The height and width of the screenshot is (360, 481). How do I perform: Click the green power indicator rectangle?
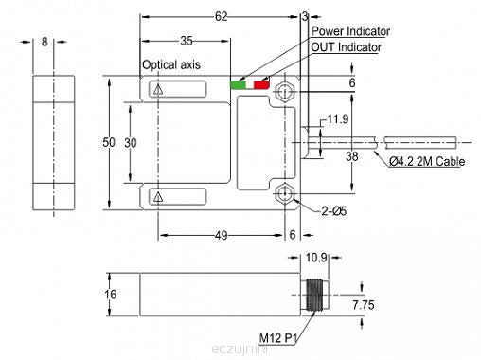tap(238, 84)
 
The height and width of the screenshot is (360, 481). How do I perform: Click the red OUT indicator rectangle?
tap(261, 84)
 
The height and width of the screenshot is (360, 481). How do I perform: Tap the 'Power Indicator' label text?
tap(350, 31)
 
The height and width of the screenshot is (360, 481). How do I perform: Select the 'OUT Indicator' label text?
tap(347, 47)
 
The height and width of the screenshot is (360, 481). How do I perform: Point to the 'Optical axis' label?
tap(171, 64)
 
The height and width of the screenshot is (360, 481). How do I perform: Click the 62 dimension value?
tap(221, 16)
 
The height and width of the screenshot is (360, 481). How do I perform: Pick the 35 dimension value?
tap(187, 41)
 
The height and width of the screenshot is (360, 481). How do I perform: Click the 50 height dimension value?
tap(109, 142)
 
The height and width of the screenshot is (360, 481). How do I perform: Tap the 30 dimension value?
tap(131, 143)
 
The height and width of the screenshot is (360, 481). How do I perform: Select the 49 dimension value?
tap(221, 236)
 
